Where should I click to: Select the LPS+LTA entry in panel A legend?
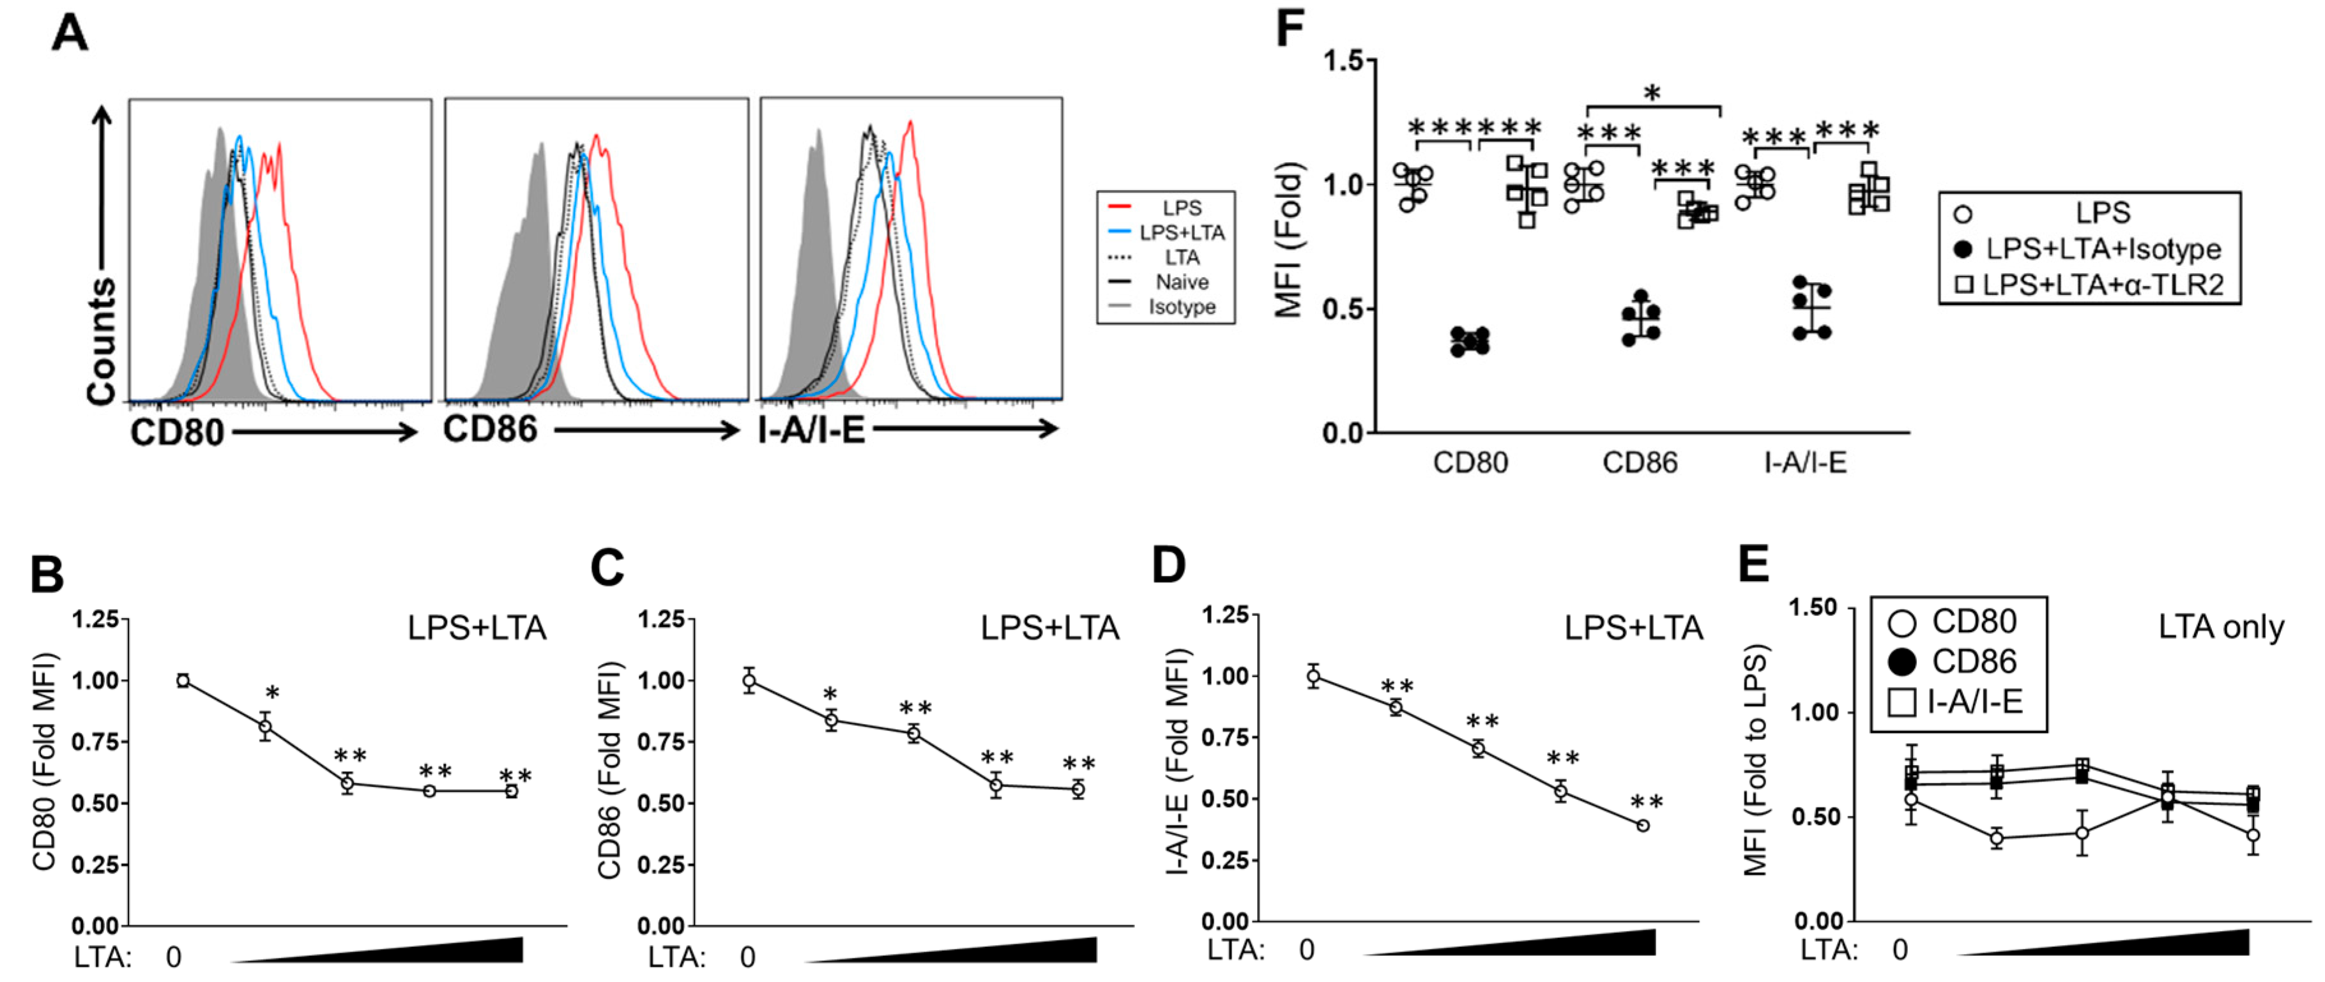[x=1180, y=233]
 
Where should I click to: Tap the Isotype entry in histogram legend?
[x=1180, y=307]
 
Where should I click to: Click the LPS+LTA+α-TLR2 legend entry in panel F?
[x=2101, y=285]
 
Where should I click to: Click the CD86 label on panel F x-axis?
[x=1639, y=463]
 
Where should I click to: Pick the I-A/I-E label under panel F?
[x=1805, y=463]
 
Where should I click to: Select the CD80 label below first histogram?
[x=177, y=432]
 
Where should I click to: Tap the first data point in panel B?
[x=183, y=681]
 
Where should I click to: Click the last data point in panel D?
[x=1643, y=825]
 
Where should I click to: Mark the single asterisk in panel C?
[x=830, y=695]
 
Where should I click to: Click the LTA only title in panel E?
[x=2220, y=626]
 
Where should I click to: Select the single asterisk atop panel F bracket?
[x=1652, y=93]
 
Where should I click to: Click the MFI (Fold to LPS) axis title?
[x=1754, y=760]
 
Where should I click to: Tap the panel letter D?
[x=1169, y=566]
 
